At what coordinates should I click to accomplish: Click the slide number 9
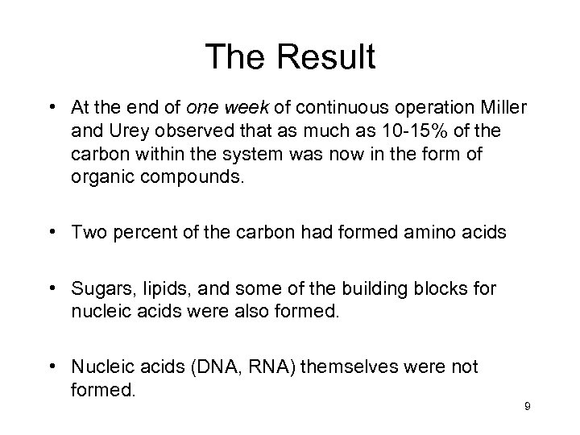(x=526, y=407)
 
